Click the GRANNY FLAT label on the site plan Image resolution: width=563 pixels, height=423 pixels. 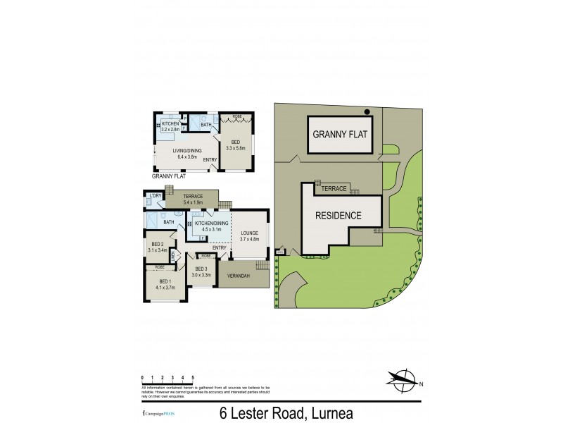(x=341, y=134)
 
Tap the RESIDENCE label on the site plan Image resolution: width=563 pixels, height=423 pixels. (x=338, y=216)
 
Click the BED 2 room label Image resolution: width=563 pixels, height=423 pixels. (x=158, y=247)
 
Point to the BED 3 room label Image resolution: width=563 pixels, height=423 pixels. (x=202, y=271)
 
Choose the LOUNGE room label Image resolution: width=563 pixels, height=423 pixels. (x=250, y=235)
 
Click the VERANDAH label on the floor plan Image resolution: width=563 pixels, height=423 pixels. (x=239, y=276)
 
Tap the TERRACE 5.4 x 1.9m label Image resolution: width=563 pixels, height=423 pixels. (x=193, y=200)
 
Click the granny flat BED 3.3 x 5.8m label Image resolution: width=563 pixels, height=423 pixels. (x=235, y=145)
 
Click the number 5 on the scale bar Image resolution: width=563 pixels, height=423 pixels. (x=192, y=378)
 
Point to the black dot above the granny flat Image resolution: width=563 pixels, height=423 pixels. (x=367, y=111)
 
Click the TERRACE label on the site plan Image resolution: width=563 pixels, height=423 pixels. (x=334, y=189)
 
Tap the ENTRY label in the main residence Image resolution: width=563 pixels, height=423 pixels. (x=219, y=247)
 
